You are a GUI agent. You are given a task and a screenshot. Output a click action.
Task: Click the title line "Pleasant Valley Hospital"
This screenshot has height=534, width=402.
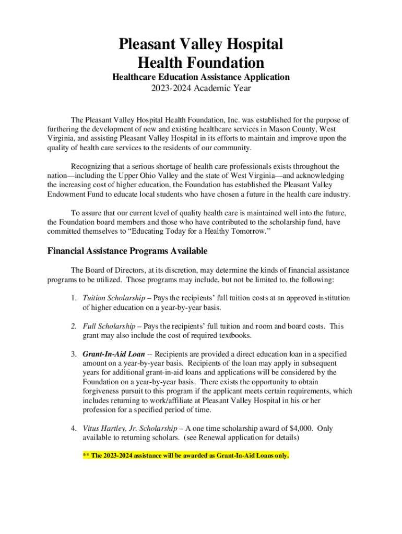point(201,44)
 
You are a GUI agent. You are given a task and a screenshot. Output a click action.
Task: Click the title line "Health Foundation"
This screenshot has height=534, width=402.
point(201,63)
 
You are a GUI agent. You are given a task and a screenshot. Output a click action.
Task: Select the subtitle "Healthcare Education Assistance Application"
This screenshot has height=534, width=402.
point(201,77)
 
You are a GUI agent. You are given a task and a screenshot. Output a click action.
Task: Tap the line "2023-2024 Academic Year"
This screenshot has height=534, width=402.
point(201,88)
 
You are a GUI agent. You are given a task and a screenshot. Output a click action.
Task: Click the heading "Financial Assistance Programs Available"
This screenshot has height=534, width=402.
point(127,251)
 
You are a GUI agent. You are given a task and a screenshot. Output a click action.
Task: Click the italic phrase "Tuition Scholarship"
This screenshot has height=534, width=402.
point(114,298)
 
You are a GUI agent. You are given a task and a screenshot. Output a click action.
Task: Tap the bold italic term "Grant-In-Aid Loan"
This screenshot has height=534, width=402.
point(114,354)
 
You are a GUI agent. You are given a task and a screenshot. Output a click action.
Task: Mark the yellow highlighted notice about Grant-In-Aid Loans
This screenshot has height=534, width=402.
point(186,455)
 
